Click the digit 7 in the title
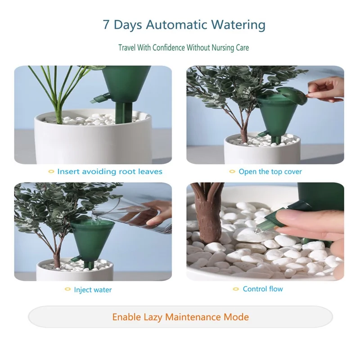click(106, 25)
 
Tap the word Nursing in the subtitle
click(220, 48)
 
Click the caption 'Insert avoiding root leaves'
click(110, 171)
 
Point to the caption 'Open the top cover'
click(270, 171)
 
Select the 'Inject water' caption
click(93, 290)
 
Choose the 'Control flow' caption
click(263, 289)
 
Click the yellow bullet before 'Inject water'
click(67, 289)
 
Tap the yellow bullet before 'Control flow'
click(236, 289)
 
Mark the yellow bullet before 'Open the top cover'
click(232, 171)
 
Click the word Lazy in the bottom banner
click(153, 317)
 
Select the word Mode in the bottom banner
click(236, 317)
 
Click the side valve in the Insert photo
click(99, 98)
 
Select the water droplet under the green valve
click(259, 231)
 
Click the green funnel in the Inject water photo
click(92, 241)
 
